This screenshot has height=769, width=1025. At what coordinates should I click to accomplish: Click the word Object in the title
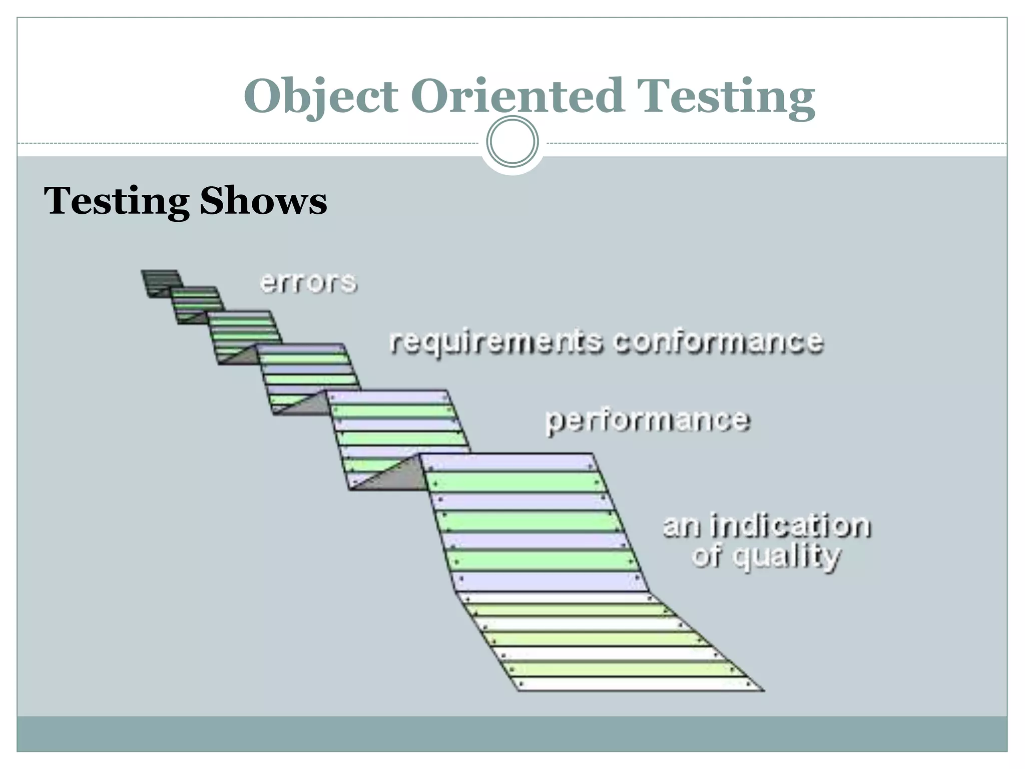pyautogui.click(x=320, y=96)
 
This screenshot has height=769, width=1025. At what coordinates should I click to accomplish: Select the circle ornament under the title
pyautogui.click(x=512, y=142)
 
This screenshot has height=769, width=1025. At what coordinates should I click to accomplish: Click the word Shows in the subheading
pyautogui.click(x=263, y=201)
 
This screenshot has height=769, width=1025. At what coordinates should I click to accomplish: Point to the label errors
pyautogui.click(x=308, y=282)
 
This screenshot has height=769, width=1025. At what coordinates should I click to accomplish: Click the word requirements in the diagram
pyautogui.click(x=496, y=342)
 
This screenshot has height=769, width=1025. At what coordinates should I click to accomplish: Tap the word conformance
pyautogui.click(x=718, y=341)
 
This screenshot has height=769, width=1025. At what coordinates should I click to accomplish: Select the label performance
pyautogui.click(x=648, y=420)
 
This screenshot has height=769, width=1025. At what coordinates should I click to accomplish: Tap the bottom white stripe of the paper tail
pyautogui.click(x=636, y=684)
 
